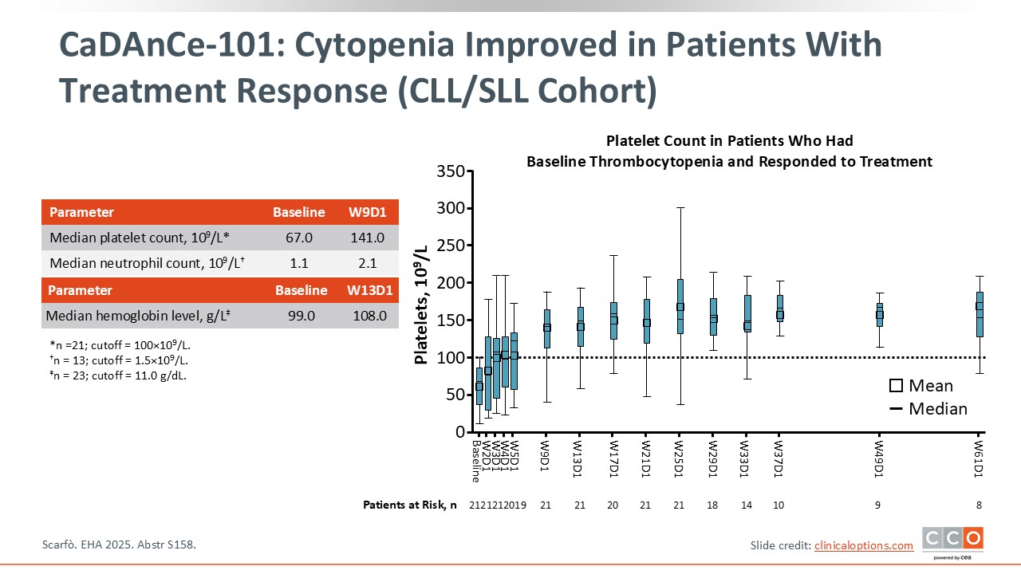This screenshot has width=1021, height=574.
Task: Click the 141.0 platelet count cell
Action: [367, 238]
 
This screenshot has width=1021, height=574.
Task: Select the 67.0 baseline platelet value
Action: [298, 238]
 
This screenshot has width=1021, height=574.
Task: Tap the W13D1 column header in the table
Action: [370, 290]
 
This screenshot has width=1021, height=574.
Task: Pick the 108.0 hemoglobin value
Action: [369, 316]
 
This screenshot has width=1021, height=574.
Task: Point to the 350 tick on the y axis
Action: [451, 171]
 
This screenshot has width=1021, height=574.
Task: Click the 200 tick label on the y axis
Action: [451, 283]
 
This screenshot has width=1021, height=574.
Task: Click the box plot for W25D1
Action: [680, 306]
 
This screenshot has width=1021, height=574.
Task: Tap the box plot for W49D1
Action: [880, 315]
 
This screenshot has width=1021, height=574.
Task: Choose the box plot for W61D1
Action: [979, 315]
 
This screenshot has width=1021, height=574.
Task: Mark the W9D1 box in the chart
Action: [547, 328]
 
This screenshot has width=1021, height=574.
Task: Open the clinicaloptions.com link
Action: [863, 545]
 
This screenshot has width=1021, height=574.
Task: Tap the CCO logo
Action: [952, 541]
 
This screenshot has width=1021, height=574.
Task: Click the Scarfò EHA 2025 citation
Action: [118, 545]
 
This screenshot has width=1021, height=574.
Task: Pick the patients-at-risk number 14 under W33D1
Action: [746, 505]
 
